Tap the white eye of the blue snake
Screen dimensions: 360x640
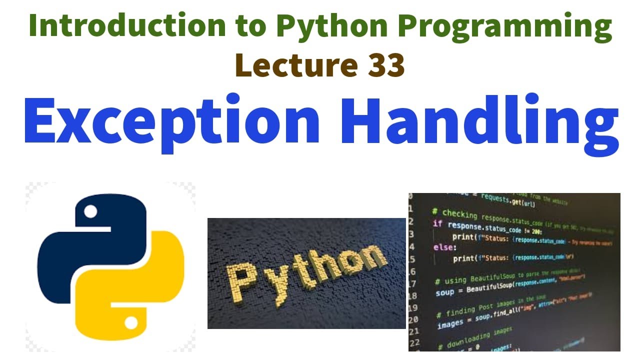point(90,211)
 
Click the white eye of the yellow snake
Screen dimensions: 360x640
point(131,323)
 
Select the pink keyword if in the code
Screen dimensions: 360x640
point(437,223)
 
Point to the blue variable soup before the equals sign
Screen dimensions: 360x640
point(444,292)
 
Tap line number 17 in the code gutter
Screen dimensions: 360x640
point(413,284)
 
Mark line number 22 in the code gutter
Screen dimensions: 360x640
point(414,342)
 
